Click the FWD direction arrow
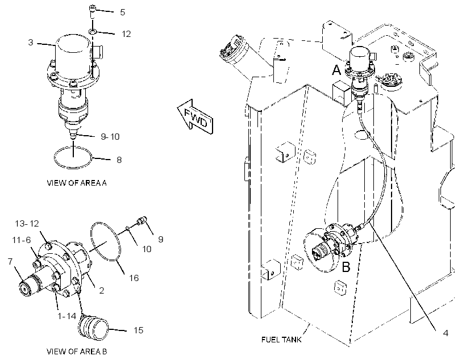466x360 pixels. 195,117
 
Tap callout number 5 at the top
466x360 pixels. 122,12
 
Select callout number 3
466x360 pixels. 31,43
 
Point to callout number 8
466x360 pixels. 119,160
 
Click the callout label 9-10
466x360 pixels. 110,137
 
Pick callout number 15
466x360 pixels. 138,330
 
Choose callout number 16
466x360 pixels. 134,278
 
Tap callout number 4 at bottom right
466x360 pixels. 446,333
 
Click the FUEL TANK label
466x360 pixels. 281,339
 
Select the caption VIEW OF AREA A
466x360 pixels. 77,183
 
